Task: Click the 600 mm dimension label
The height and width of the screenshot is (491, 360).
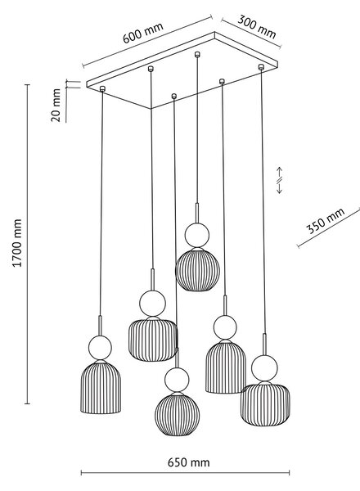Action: [142, 33]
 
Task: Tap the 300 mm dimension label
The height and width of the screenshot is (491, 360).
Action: [257, 27]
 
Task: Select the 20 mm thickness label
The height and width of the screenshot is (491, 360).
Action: [56, 105]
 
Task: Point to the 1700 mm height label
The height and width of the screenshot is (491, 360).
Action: [17, 243]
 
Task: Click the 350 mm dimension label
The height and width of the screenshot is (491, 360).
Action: [326, 220]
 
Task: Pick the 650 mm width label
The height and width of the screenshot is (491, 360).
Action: [188, 462]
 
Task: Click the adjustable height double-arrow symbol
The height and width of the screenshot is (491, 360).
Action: [280, 180]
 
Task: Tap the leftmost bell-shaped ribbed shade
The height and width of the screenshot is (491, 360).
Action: [101, 387]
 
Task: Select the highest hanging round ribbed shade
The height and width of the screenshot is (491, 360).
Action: [197, 269]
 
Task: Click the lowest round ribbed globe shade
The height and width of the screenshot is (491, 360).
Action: [177, 414]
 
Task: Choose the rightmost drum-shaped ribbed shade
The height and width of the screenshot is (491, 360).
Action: [265, 403]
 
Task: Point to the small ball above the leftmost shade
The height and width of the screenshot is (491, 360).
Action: [100, 348]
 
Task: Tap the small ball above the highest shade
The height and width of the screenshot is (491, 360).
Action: [197, 235]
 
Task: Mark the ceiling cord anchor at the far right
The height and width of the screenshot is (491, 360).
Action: [261, 67]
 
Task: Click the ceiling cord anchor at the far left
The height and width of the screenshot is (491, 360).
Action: [102, 88]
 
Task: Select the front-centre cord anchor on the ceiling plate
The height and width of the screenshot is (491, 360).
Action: [174, 96]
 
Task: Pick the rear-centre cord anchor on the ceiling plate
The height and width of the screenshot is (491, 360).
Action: [197, 54]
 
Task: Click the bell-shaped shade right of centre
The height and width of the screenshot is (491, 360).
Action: [226, 367]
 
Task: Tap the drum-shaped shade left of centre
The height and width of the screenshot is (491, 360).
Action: [153, 340]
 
